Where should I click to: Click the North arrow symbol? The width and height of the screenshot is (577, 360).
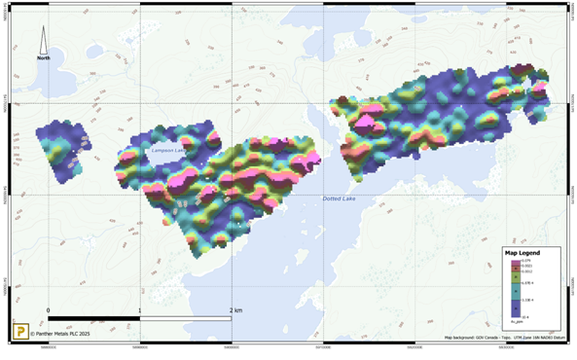(44, 40)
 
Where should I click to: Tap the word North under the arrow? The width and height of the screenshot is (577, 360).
(44, 58)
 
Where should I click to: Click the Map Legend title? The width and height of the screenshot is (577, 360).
(523, 253)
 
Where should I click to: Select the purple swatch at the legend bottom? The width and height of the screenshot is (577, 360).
(515, 308)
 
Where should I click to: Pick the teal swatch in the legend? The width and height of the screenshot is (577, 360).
(515, 290)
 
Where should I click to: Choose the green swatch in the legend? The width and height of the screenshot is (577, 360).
(515, 277)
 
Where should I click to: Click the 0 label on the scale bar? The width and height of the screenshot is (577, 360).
(48, 310)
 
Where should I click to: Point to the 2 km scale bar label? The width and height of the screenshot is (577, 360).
(234, 310)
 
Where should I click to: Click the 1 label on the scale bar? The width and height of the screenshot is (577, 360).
(140, 310)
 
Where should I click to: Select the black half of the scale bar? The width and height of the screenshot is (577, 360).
(93, 318)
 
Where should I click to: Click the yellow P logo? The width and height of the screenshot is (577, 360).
(18, 331)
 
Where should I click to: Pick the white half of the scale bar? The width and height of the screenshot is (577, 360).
(186, 318)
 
